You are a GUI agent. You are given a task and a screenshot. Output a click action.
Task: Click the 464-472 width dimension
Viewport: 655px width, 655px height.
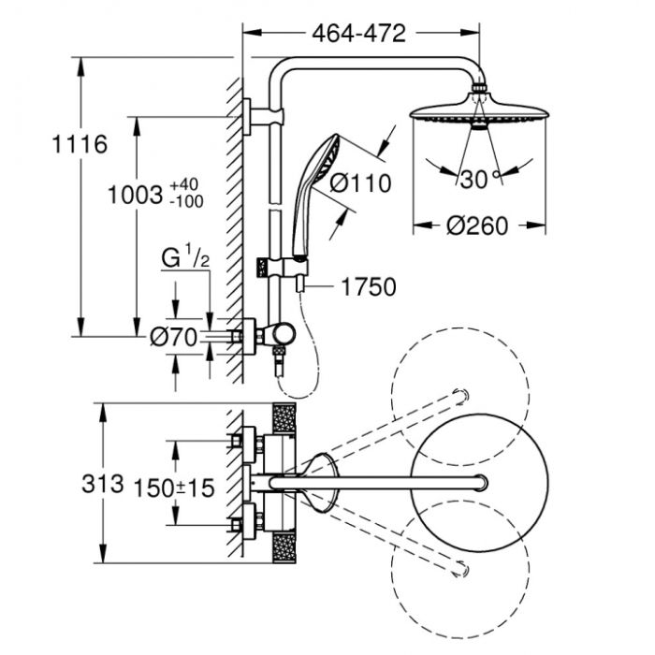point(357,34)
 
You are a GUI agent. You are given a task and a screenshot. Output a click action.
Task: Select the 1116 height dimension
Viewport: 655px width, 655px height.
point(80,145)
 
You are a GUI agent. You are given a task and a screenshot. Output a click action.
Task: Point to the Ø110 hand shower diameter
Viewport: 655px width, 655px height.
point(359,183)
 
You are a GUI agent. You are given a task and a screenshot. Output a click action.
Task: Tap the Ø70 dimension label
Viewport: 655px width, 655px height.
point(175,337)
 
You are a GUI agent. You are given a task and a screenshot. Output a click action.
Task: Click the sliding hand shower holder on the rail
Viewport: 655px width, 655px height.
point(297,267)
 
